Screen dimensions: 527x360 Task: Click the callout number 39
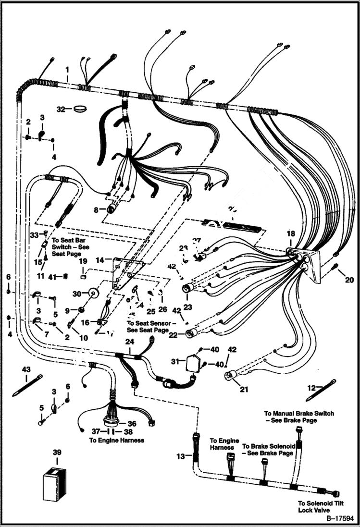coord(57,453)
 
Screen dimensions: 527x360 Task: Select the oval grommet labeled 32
coord(79,109)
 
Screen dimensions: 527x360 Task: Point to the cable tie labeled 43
coord(27,385)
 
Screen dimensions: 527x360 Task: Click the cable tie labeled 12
coord(320,390)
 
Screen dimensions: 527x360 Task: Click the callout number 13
coord(180,456)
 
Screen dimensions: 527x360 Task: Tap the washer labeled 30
coord(92,293)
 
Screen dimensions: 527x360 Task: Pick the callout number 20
coord(349,280)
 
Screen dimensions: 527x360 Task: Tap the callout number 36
coord(132,424)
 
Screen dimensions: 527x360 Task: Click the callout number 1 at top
coord(67,70)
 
